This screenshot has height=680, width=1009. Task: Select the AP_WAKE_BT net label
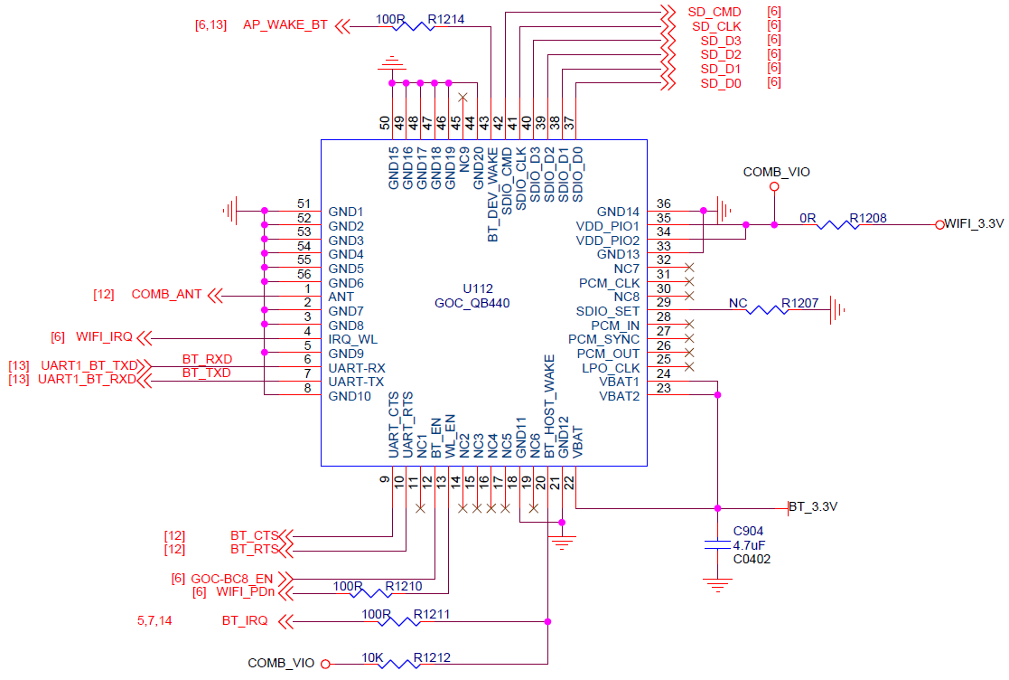tap(285, 25)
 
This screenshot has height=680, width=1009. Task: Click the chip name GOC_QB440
tap(472, 304)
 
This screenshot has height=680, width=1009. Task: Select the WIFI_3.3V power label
tap(974, 223)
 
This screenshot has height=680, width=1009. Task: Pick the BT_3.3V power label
tap(813, 507)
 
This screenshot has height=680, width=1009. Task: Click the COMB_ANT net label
tap(166, 295)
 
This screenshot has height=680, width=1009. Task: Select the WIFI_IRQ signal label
tap(104, 337)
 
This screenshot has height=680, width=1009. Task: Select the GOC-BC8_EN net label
tap(233, 578)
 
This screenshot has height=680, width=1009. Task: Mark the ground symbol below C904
tap(717, 587)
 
